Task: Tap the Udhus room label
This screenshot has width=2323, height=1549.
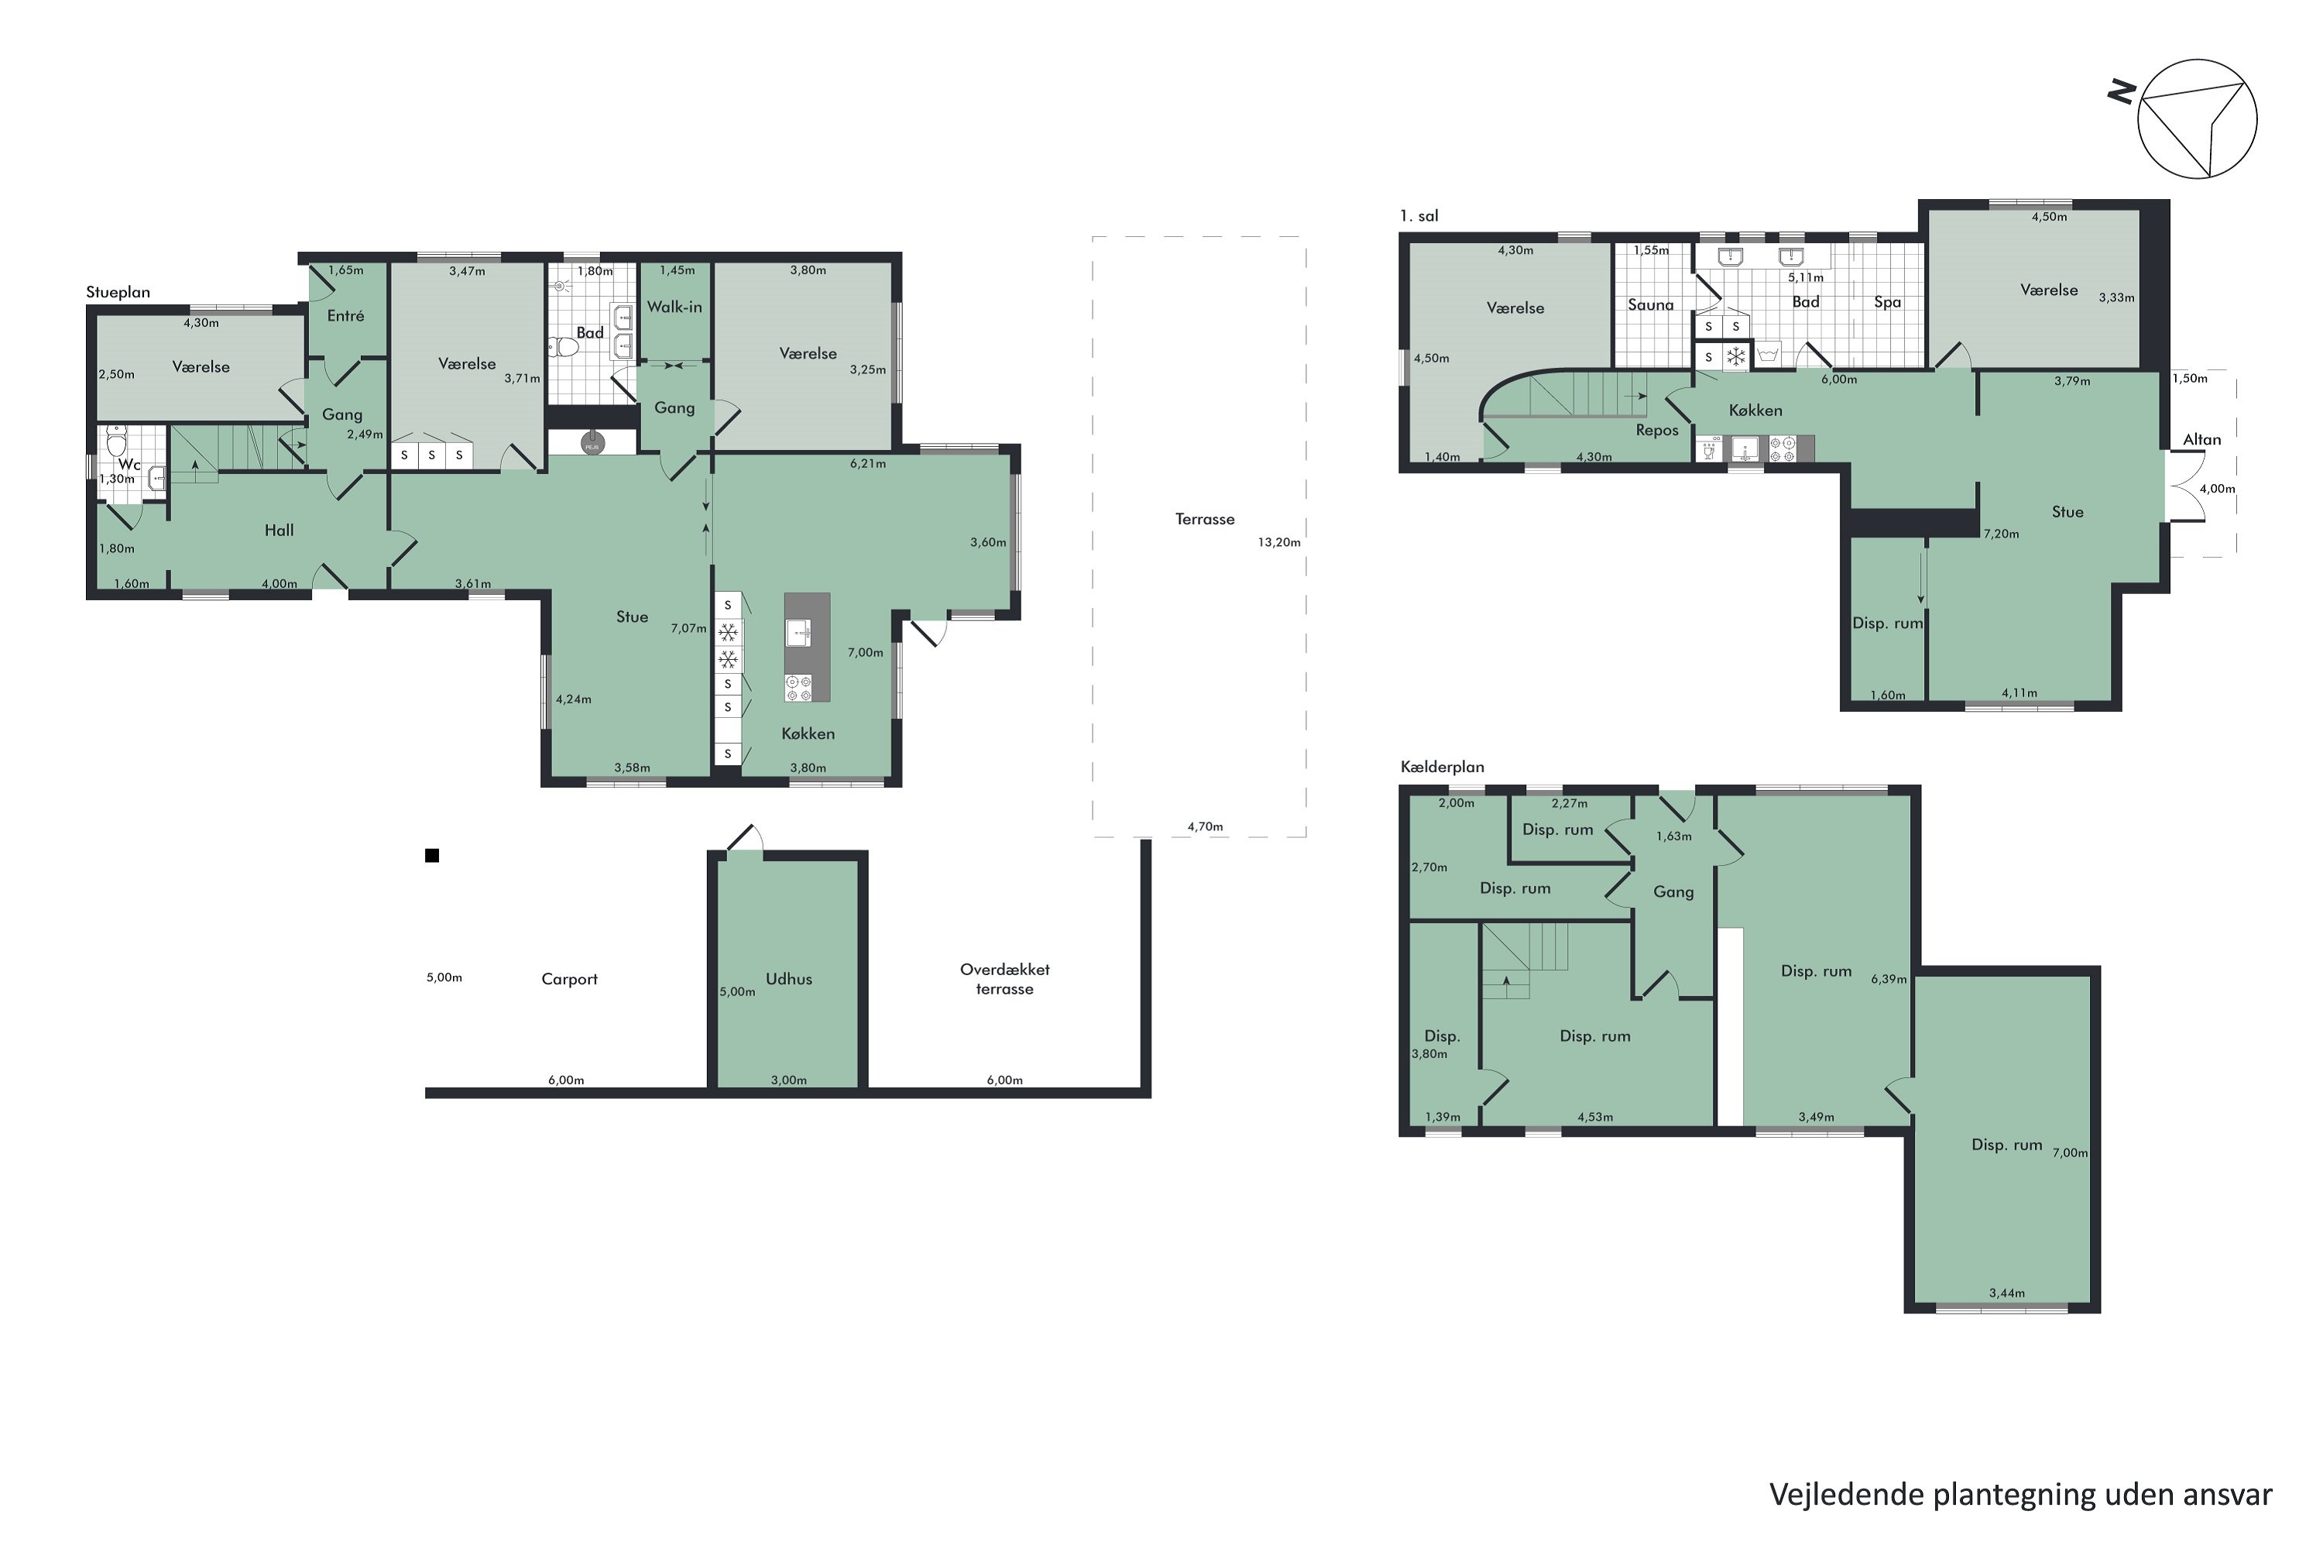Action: (x=788, y=979)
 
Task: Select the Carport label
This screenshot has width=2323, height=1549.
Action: (x=569, y=979)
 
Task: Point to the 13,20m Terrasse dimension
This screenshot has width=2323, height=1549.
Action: (x=1278, y=542)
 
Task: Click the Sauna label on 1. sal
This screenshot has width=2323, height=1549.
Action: (x=1650, y=304)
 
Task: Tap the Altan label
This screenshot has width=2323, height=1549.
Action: (x=2201, y=440)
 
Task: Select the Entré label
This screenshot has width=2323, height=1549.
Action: (x=345, y=316)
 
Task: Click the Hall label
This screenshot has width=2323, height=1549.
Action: (x=280, y=531)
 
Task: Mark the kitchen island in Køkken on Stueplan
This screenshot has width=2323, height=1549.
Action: (x=807, y=647)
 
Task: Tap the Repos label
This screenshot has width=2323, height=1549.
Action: (x=1656, y=431)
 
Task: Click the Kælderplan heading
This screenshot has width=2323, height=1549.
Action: (x=1442, y=767)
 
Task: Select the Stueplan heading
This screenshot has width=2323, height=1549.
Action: (x=118, y=293)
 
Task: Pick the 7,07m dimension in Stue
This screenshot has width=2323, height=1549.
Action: (x=688, y=628)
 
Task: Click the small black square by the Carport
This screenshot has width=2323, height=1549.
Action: (x=431, y=856)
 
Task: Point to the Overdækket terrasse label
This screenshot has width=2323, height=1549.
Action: (x=1004, y=979)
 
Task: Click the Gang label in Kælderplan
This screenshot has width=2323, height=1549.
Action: (x=1673, y=892)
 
